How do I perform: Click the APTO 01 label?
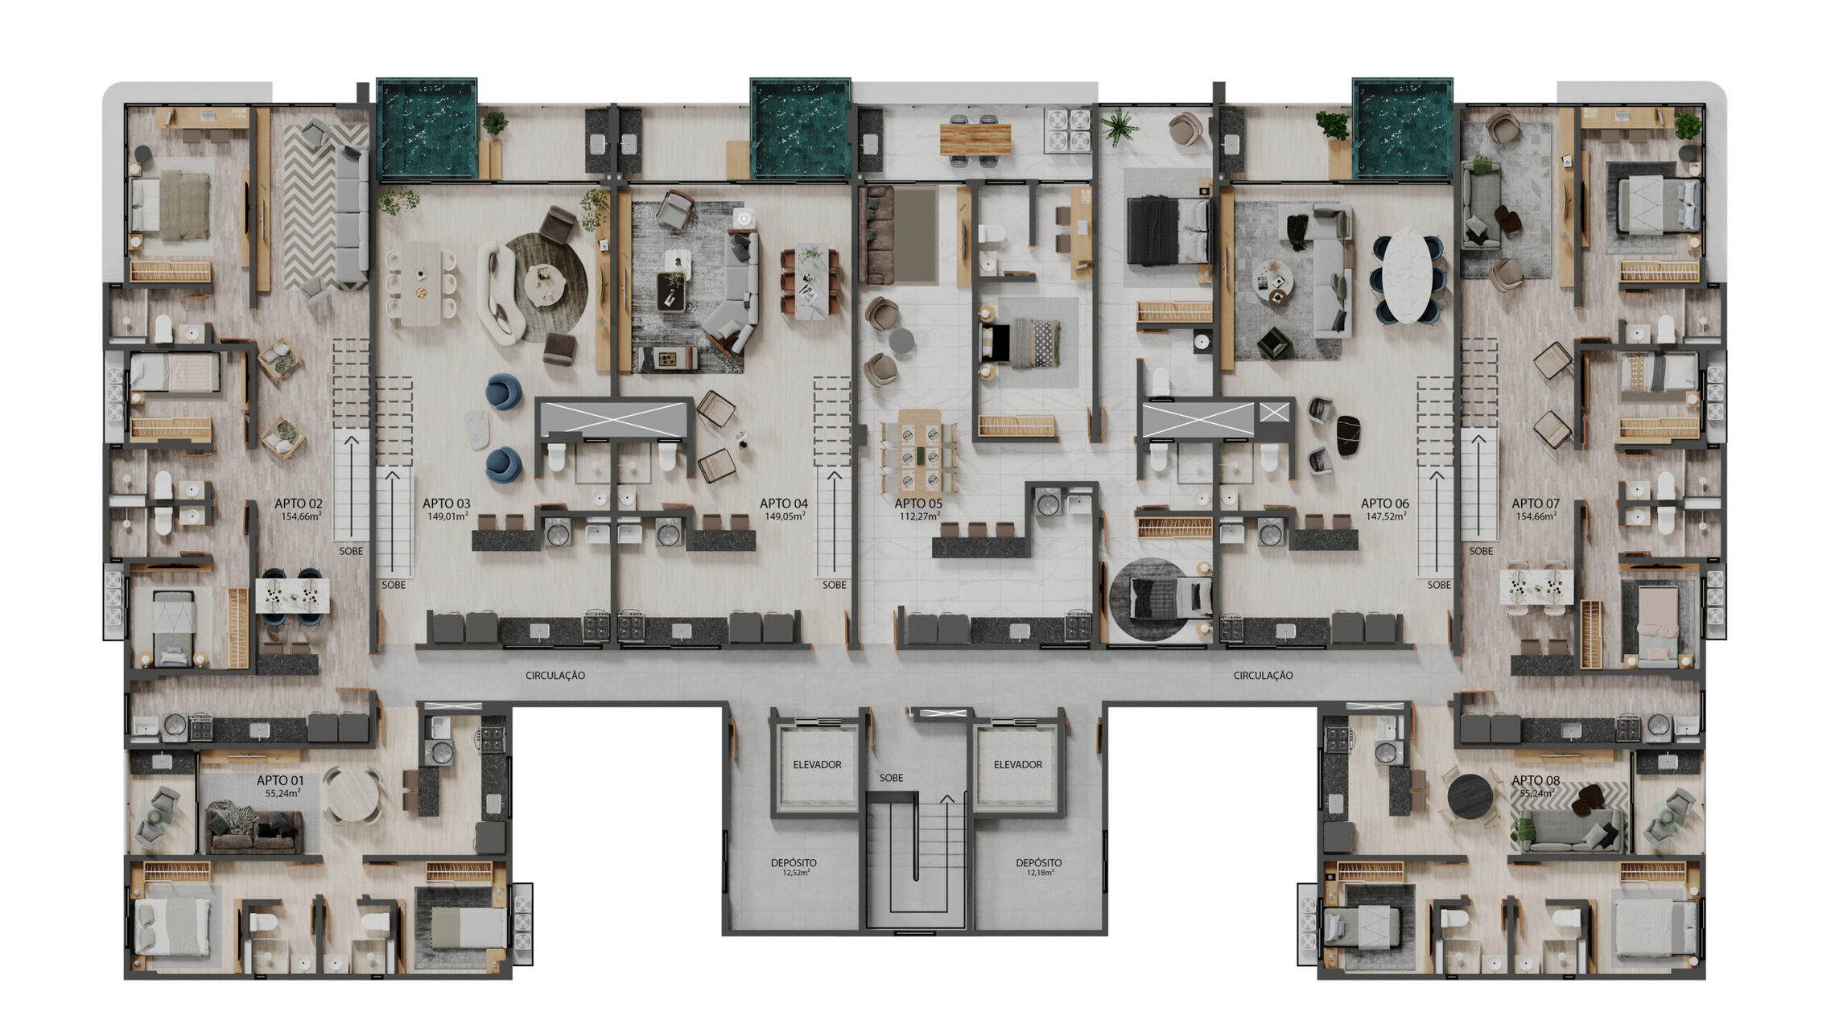click(x=280, y=780)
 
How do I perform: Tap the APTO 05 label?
click(x=918, y=504)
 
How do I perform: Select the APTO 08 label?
click(x=1536, y=780)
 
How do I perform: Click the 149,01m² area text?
click(x=447, y=516)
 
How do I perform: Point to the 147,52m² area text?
click(x=1386, y=516)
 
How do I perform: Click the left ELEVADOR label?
click(x=817, y=765)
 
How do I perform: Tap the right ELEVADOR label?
click(x=1018, y=765)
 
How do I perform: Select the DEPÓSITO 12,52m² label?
click(x=794, y=867)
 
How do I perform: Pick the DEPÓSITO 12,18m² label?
click(x=1039, y=867)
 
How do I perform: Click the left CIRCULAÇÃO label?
click(x=555, y=676)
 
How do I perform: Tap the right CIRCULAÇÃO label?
click(x=1264, y=676)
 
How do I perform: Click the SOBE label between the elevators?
click(x=891, y=778)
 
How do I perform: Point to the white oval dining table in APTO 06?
click(x=1408, y=275)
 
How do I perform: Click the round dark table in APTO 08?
click(x=1470, y=796)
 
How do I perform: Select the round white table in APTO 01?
click(x=351, y=794)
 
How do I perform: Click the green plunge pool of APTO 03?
click(x=427, y=129)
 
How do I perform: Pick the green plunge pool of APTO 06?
click(x=1403, y=129)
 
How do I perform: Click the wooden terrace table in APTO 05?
click(x=975, y=139)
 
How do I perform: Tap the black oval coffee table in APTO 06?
click(x=1348, y=435)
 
